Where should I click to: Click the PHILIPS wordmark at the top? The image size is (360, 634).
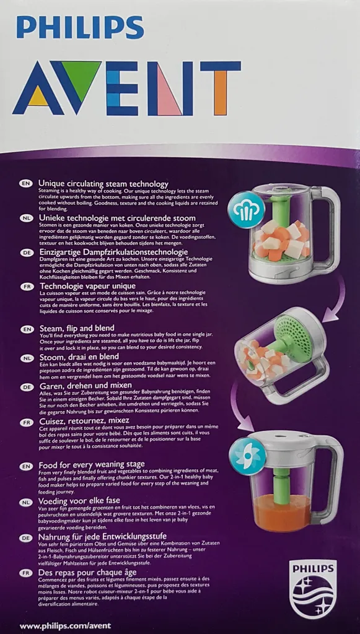click(80, 27)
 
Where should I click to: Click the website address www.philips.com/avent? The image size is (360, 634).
click(65, 626)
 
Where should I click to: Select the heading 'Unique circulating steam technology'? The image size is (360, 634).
click(103, 184)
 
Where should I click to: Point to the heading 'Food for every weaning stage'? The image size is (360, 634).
click(91, 464)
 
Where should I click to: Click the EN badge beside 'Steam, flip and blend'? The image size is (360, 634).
click(26, 329)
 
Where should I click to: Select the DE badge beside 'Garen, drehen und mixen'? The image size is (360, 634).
click(26, 387)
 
